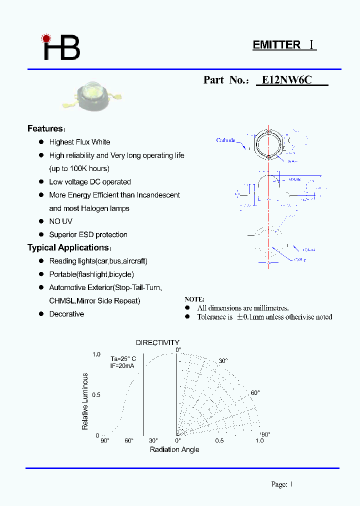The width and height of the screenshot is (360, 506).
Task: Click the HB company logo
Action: pos(61,47)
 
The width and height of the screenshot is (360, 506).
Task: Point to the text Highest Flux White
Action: pos(79,142)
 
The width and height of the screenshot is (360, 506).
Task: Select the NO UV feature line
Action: pos(60,221)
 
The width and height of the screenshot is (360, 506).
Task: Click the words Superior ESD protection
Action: pos(88,234)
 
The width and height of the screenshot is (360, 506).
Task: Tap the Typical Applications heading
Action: pos(69,248)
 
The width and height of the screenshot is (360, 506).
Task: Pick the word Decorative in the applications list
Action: pos(66,314)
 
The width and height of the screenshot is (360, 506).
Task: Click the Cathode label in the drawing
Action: pos(225,140)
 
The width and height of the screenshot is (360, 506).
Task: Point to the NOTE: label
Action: pos(194,299)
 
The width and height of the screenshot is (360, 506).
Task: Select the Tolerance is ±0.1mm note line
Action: pos(264,317)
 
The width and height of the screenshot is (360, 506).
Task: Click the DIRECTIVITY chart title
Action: pos(157,342)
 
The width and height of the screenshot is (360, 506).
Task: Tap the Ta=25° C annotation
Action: pos(123,358)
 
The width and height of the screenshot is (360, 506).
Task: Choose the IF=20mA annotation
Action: pos(122,366)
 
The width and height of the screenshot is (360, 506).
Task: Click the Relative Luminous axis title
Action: pos(85,401)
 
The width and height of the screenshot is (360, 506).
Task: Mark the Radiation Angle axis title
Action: pos(174,449)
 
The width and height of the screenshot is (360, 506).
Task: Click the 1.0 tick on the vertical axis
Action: pos(96,354)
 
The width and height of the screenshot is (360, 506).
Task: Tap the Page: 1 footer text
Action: pos(281,484)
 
